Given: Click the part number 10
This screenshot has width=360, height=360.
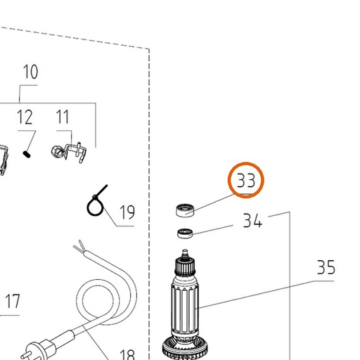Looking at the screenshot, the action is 30,72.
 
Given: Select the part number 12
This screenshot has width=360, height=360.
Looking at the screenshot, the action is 25,117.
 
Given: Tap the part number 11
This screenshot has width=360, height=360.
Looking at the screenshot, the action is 63,117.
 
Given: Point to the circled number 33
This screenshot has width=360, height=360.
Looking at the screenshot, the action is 246,180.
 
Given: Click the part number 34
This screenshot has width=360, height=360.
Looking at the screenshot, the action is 252,220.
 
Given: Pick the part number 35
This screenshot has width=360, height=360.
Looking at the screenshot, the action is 326,267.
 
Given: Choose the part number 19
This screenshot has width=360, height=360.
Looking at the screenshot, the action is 127,212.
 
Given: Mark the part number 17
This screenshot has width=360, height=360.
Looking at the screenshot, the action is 13,301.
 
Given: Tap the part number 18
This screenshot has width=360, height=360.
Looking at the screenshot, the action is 127,354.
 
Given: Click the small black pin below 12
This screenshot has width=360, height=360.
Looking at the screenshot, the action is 27,155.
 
